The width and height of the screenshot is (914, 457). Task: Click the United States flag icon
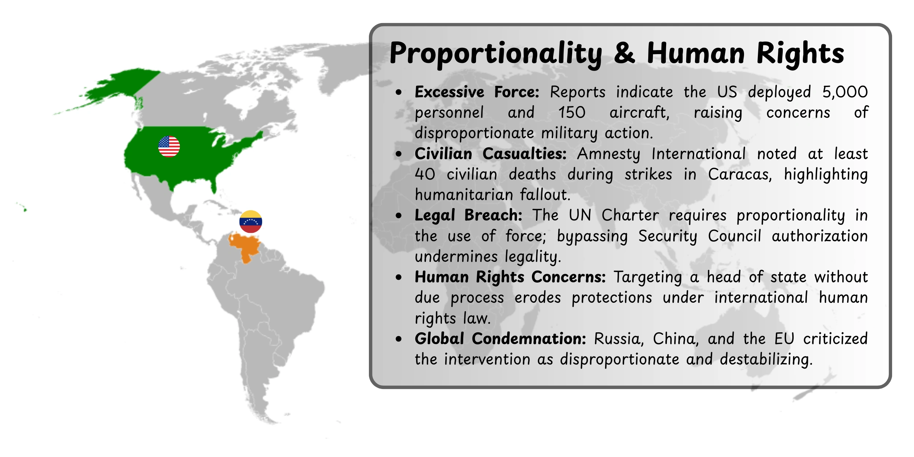click(169, 147)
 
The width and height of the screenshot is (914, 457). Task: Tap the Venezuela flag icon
click(250, 222)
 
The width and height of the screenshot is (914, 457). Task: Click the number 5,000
click(845, 92)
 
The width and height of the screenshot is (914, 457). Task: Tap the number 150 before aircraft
click(572, 113)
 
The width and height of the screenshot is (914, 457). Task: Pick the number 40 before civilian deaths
click(425, 174)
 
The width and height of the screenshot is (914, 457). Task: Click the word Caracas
click(740, 174)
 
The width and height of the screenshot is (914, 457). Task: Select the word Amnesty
click(608, 154)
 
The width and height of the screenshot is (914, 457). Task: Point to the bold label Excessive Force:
click(477, 92)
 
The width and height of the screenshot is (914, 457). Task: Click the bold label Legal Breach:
click(468, 215)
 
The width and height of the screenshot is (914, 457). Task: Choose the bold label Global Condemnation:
click(500, 339)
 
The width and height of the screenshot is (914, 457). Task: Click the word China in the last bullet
click(676, 339)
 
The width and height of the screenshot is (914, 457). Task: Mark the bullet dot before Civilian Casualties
click(399, 154)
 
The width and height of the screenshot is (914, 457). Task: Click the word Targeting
click(648, 277)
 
